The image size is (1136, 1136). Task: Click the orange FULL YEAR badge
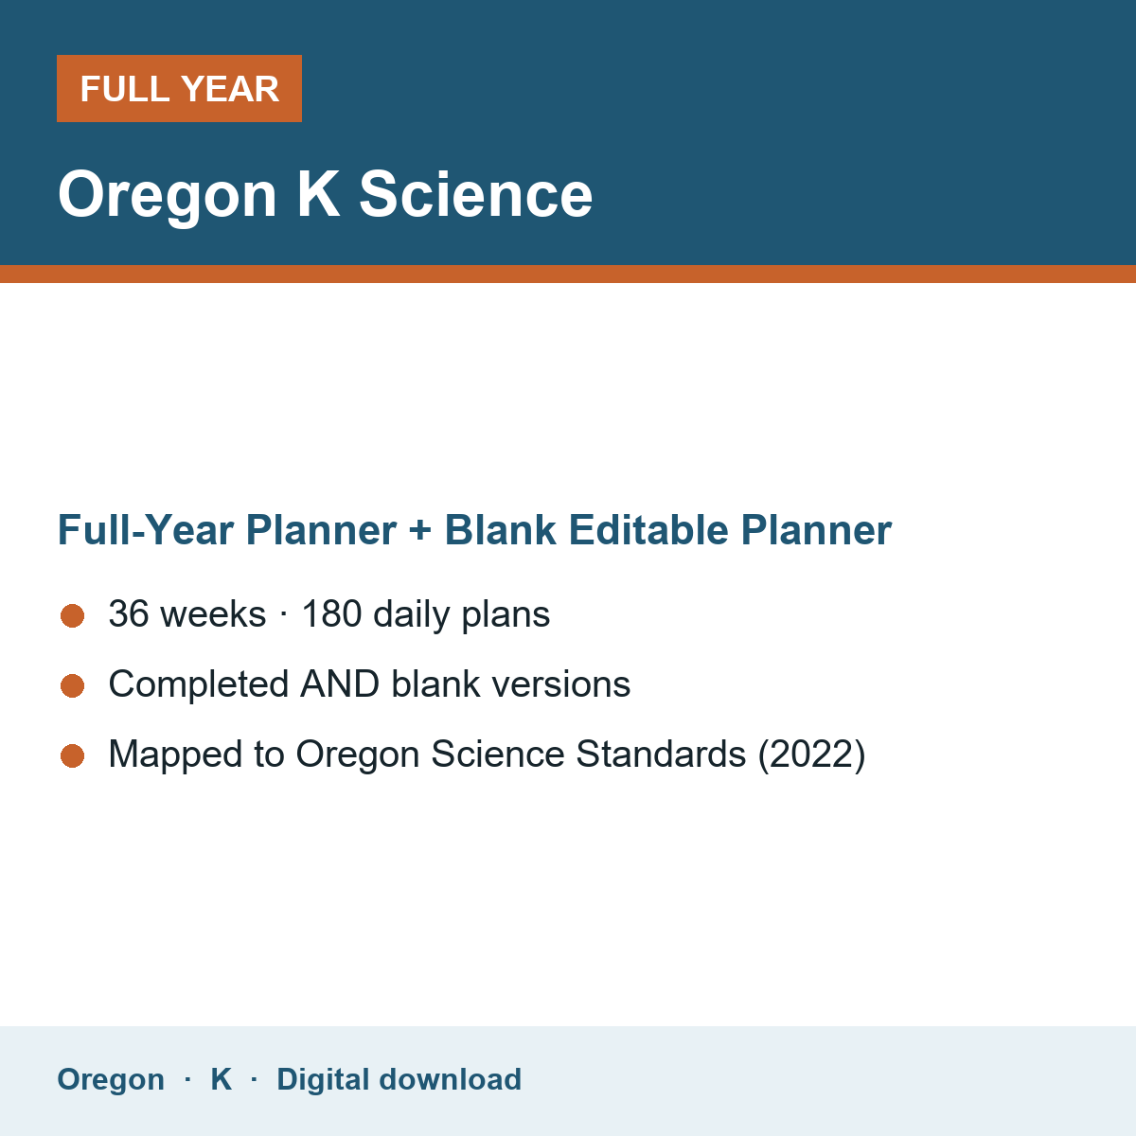pyautogui.click(x=179, y=88)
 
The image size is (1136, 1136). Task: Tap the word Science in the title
pyautogui.click(x=476, y=195)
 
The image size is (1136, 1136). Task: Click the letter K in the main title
pyautogui.click(x=318, y=194)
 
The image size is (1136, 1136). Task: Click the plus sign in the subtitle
pyautogui.click(x=420, y=530)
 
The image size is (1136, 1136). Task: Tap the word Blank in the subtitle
pyautogui.click(x=500, y=530)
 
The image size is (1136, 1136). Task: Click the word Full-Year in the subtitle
pyautogui.click(x=146, y=530)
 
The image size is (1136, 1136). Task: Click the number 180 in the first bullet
pyautogui.click(x=332, y=613)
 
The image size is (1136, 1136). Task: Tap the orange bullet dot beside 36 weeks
pyautogui.click(x=73, y=616)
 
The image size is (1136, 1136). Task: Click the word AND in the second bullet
pyautogui.click(x=340, y=683)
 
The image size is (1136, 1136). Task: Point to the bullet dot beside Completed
pyautogui.click(x=73, y=686)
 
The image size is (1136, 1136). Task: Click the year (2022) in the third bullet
pyautogui.click(x=811, y=754)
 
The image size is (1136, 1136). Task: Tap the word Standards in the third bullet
pyautogui.click(x=661, y=754)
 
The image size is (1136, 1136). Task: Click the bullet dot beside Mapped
pyautogui.click(x=73, y=756)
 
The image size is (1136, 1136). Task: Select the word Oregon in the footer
pyautogui.click(x=111, y=1080)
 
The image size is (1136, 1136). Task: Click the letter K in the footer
pyautogui.click(x=222, y=1079)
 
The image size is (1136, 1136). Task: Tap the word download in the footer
pyautogui.click(x=451, y=1079)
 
